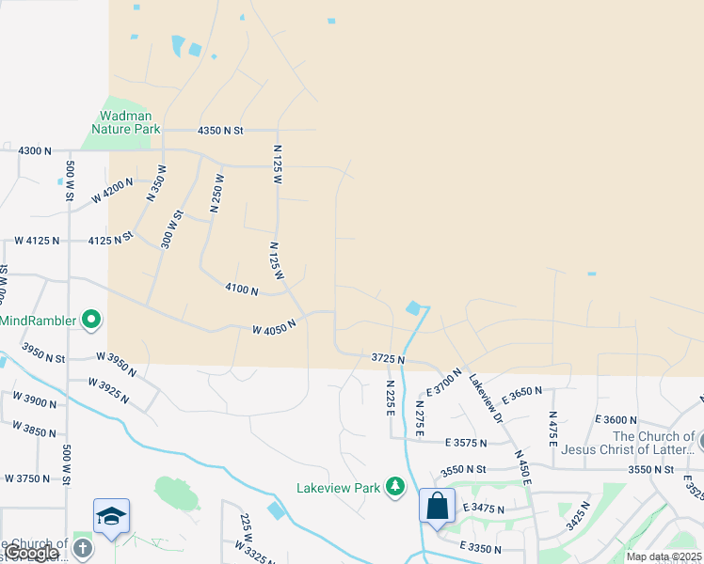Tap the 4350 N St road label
[x=220, y=130]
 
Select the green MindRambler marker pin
[x=91, y=321]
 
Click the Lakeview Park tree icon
[x=396, y=487]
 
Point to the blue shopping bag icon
[x=438, y=507]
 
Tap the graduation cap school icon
[x=111, y=516]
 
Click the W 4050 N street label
[x=274, y=327]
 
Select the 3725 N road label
[x=388, y=359]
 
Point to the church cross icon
[x=83, y=548]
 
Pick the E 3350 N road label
[x=483, y=546]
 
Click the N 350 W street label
[x=156, y=183]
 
